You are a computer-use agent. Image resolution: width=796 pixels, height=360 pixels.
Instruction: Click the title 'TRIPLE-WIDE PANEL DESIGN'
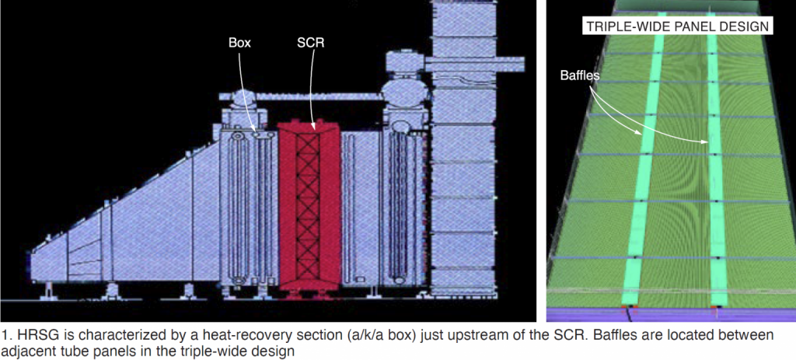(676, 26)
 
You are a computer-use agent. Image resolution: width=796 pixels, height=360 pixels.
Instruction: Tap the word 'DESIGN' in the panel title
(742, 26)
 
